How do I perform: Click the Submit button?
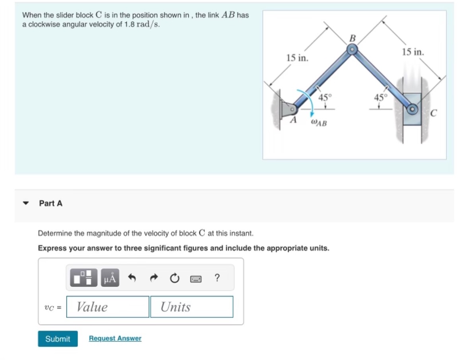[58, 339]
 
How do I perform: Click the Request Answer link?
[115, 338]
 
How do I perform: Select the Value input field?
[108, 307]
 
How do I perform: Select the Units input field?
[192, 307]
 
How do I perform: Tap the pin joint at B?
[352, 50]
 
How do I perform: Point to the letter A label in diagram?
[294, 119]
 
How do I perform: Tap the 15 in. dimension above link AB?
[297, 58]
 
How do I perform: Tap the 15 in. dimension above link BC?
[413, 52]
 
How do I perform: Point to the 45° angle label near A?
[325, 97]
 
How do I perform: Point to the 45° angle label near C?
[380, 97]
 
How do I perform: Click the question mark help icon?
[217, 278]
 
